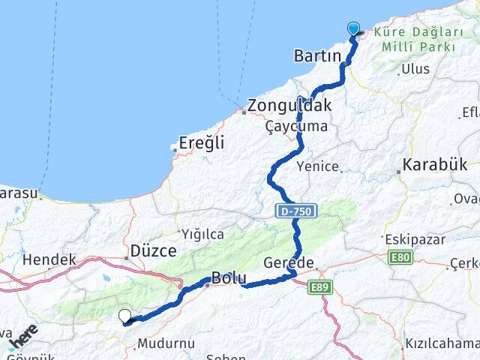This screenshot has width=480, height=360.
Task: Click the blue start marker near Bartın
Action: pos(354,29)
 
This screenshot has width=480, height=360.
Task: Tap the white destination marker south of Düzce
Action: pos(125,316)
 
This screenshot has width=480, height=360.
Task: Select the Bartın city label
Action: pos(318,57)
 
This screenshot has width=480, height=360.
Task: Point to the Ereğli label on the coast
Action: pos(202,142)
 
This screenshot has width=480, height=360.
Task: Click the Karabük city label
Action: pos(434,164)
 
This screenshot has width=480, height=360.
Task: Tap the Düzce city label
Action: pos(153,250)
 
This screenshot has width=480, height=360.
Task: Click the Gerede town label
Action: pos(289,262)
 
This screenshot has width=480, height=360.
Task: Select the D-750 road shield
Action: pos(297,211)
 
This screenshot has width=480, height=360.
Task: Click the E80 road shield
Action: pos(400,257)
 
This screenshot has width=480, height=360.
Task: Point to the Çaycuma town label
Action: pos(296,126)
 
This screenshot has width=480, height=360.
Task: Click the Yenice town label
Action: pos(318,166)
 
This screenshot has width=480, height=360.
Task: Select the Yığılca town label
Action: pos(202,232)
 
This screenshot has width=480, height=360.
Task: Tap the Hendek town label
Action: pos(49,259)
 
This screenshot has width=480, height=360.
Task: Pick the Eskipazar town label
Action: pos(409,239)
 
